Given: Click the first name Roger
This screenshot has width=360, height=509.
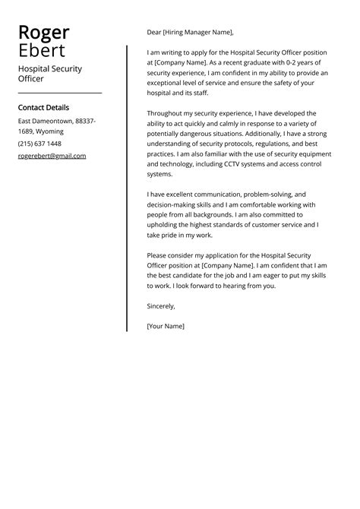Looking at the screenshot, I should pos(43,33).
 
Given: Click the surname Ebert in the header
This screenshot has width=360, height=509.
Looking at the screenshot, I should pos(42,51).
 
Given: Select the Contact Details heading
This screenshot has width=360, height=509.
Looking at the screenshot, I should pos(43,108).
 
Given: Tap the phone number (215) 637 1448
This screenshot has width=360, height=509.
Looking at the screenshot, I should pos(39,144).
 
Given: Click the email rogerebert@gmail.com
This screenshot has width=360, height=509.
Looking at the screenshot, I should pos(52,156).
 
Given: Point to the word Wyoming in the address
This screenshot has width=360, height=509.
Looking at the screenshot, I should pos(49,131).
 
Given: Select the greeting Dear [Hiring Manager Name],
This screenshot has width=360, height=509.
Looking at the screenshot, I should pos(190,33).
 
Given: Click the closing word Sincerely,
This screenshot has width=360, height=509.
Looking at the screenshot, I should pos(161,306).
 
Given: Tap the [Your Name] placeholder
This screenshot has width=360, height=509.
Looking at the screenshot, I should pos(166,326).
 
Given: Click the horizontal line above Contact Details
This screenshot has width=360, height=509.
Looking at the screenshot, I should pos(59,93).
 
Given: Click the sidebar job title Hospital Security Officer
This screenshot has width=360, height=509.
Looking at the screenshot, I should pos(49,74).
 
